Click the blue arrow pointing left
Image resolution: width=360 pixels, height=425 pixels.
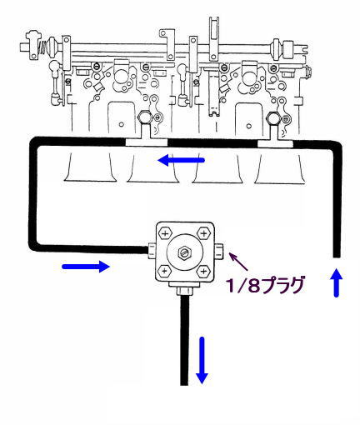coord(181,160)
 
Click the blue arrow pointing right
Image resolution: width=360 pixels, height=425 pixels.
coord(86,267)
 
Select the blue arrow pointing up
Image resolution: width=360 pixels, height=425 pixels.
coord(337,282)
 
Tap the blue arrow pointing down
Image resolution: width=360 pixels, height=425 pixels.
coord(202,360)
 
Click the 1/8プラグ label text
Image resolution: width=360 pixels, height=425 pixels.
coord(265,285)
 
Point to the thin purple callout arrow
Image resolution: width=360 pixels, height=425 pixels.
coord(238,262)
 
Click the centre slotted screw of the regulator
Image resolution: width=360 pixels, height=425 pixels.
coord(184,252)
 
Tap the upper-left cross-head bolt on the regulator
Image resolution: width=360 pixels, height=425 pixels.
coord(165,233)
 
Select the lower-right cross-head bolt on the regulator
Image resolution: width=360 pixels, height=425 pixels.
coord(203,271)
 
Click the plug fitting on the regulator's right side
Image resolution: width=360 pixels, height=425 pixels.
coord(219,251)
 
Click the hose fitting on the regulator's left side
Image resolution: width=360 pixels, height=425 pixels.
coord(152,251)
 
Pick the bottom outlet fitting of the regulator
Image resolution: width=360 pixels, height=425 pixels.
coord(184,289)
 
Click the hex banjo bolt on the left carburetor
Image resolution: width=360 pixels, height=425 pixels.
coord(145,117)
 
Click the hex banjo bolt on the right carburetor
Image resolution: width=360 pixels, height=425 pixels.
coord(273,118)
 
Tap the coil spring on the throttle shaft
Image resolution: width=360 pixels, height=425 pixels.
coord(42,47)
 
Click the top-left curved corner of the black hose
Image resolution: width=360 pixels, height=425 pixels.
coord(33,141)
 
